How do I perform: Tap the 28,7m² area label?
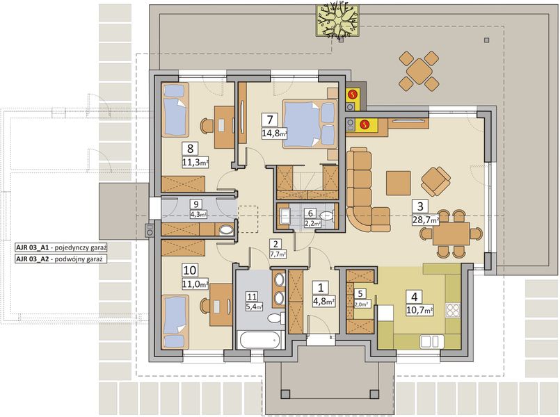426,220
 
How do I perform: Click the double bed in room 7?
310,123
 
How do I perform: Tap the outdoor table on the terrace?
419,72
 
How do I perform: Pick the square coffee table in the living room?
399,182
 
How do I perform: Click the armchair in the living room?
435,182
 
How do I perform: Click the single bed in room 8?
175,109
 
